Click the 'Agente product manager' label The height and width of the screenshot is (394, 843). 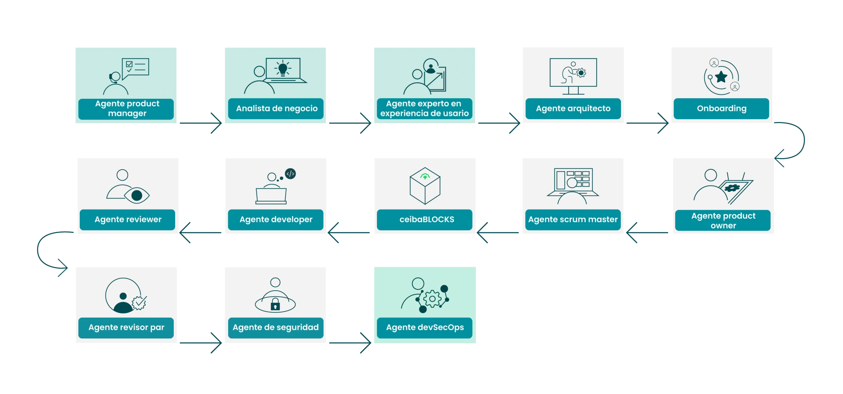(x=127, y=108)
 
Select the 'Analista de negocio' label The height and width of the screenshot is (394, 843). (x=277, y=108)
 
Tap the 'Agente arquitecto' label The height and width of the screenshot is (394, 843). (x=573, y=108)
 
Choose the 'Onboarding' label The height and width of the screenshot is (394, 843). (x=721, y=108)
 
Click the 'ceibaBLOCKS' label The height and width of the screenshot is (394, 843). (x=426, y=219)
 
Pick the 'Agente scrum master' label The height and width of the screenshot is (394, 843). (x=573, y=219)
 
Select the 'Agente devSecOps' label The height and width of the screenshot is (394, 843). (x=425, y=327)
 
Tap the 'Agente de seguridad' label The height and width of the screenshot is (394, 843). (x=276, y=327)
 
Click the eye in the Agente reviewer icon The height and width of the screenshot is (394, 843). (x=137, y=196)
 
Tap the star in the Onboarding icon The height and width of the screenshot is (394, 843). (x=721, y=77)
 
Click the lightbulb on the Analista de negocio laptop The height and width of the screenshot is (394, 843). (x=283, y=68)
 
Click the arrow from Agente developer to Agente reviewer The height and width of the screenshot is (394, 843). (x=201, y=233)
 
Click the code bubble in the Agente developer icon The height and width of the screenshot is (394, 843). (x=290, y=173)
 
